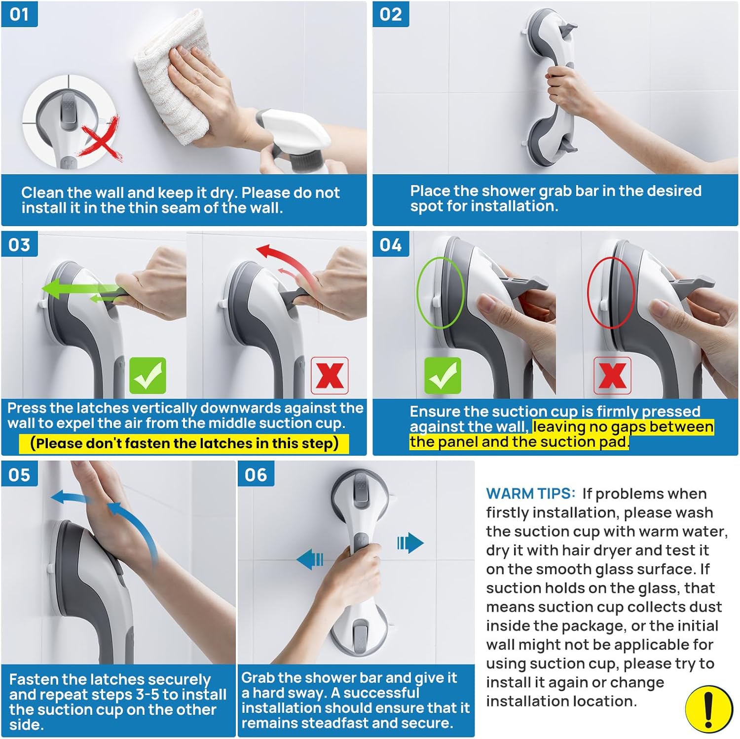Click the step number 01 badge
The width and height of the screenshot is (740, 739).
(19, 14)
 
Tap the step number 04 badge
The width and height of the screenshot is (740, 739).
(390, 244)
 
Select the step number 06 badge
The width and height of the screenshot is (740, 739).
(256, 474)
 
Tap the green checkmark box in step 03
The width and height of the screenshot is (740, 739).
(148, 376)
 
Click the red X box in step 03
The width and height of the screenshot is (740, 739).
(330, 376)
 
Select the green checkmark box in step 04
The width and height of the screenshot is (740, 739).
(443, 376)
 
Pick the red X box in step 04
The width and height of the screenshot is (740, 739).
(612, 376)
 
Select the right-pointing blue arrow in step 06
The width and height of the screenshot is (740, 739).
(410, 543)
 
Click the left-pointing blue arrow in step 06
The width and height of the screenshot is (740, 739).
(310, 560)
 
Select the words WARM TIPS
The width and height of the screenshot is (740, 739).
(530, 493)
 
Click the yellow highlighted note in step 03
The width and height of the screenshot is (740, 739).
(184, 443)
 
